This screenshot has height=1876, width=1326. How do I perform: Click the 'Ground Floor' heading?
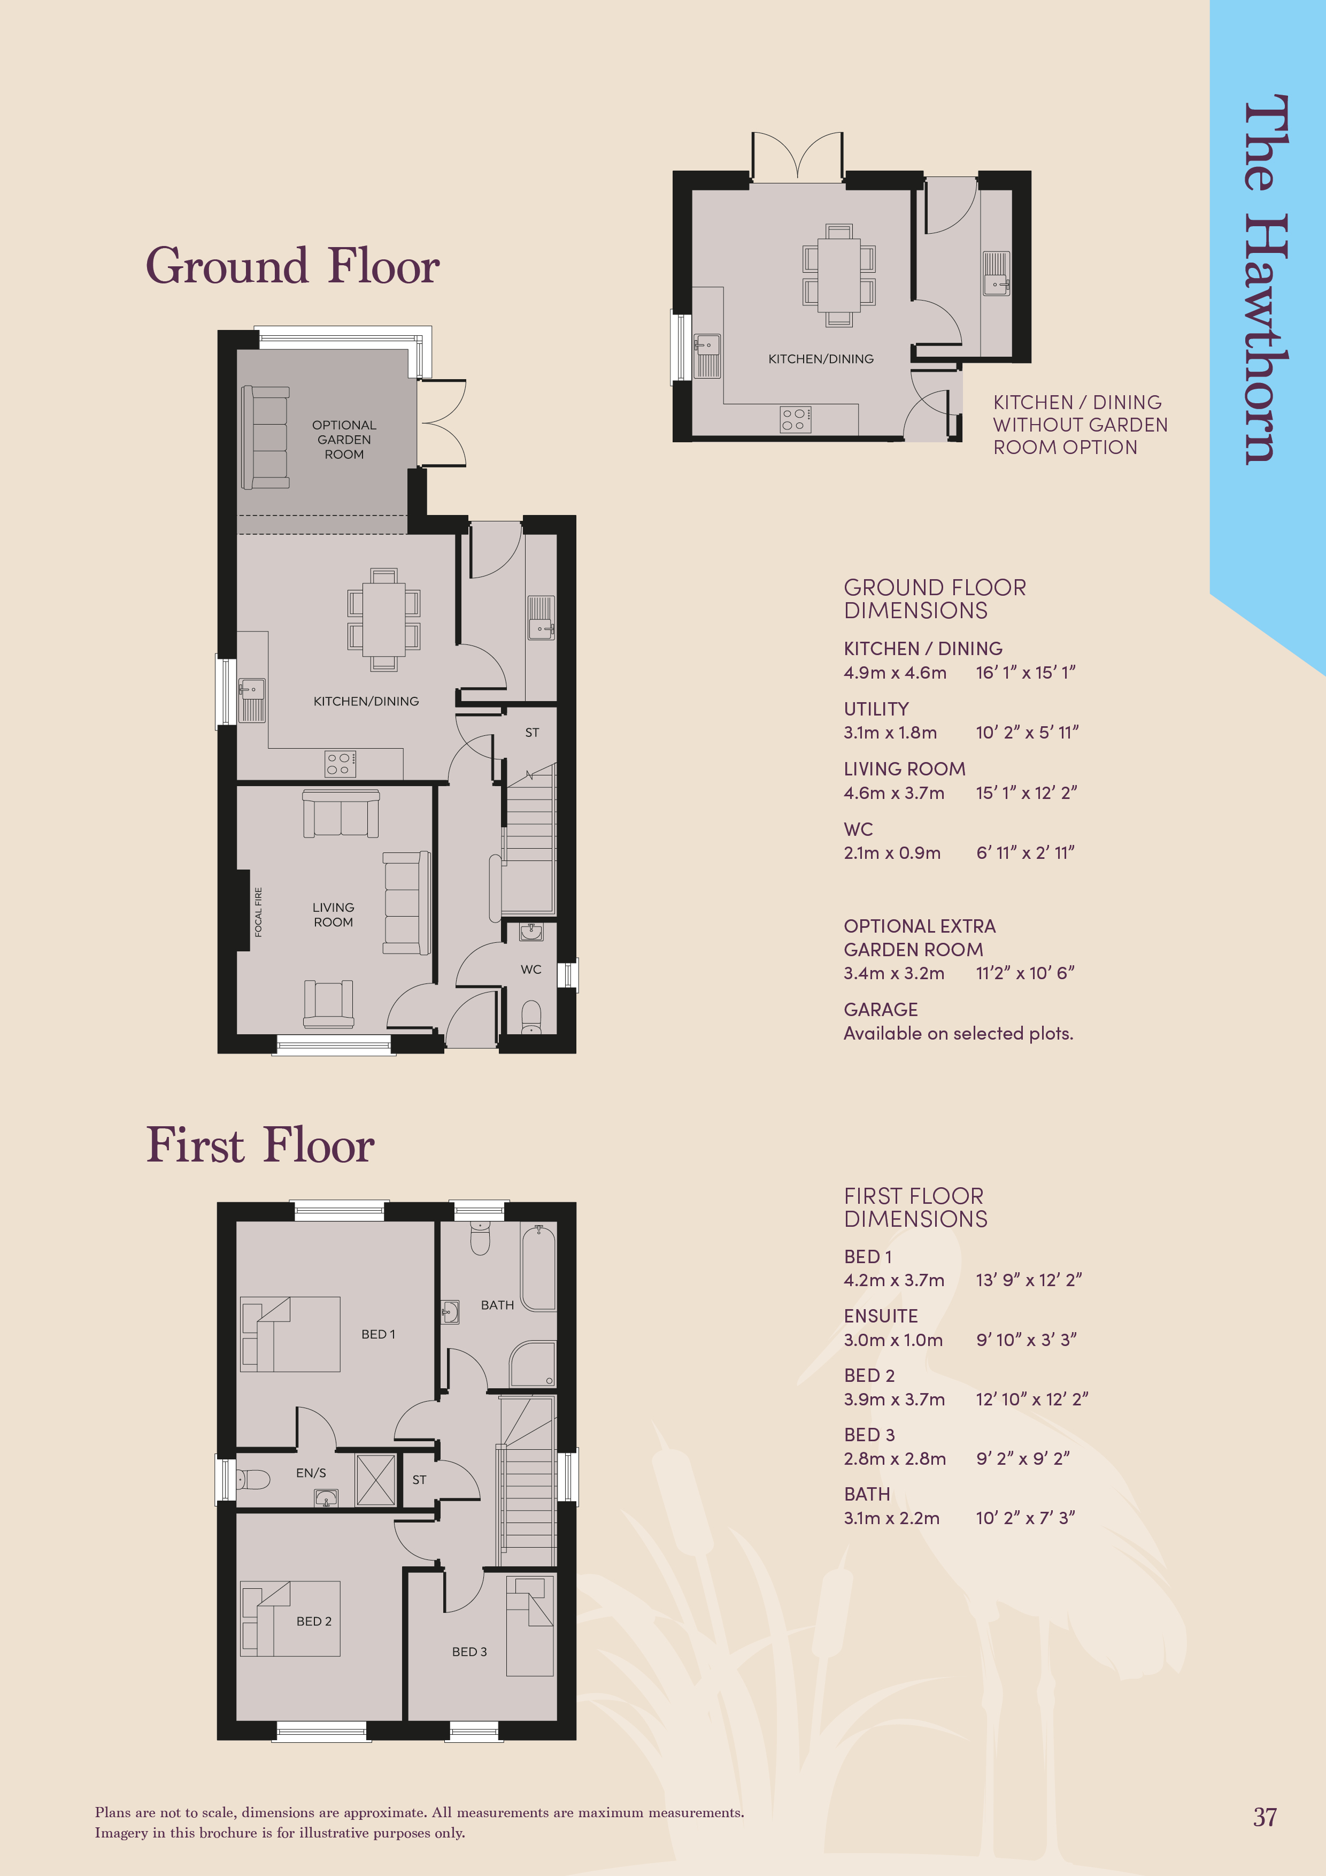(292, 266)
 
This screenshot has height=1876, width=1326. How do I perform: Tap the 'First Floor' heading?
(260, 1145)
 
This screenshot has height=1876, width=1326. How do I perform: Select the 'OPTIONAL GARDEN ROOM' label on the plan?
(344, 440)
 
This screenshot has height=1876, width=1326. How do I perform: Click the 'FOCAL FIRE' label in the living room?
(258, 912)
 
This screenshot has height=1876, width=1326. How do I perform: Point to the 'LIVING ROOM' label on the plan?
(333, 914)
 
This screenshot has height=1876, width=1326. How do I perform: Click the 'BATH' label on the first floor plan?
(498, 1305)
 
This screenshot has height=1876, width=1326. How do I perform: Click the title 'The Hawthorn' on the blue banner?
(1266, 280)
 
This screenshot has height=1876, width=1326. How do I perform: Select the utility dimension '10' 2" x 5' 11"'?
(1027, 732)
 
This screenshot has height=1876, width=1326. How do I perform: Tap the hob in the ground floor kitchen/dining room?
(340, 764)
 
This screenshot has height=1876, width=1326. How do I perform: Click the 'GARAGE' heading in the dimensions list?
(881, 1009)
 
